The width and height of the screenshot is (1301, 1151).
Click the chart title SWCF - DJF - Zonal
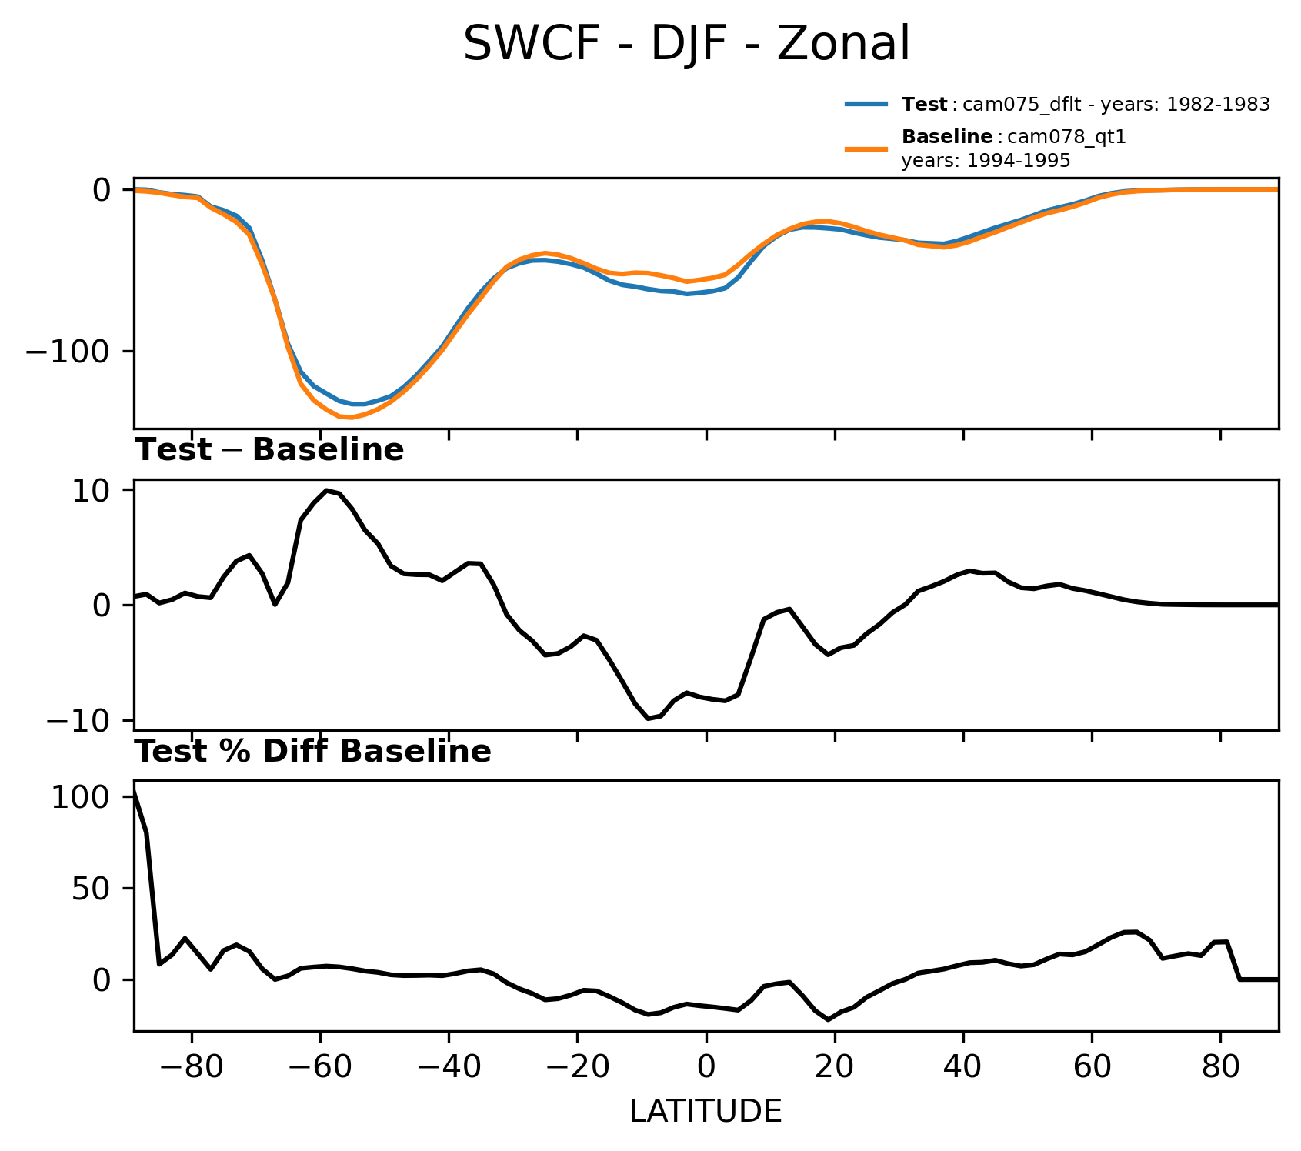686,45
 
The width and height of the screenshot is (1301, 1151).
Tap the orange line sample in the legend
867,148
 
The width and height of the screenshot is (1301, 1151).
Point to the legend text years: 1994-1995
986,161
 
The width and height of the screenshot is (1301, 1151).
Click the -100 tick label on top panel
69,352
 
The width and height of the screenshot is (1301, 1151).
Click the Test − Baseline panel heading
269,450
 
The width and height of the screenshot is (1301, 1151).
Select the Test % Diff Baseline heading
313,752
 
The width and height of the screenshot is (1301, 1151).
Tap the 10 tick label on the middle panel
91,491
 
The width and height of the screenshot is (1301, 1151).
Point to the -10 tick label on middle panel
78,721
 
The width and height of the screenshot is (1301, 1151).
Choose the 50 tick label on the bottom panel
91,889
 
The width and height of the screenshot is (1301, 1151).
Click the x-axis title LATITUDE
706,1111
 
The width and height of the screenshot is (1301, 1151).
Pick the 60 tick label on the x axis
1092,1069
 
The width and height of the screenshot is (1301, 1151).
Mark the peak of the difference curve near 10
327,490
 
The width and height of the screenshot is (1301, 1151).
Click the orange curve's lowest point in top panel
351,418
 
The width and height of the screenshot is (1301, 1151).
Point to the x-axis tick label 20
835,1069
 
